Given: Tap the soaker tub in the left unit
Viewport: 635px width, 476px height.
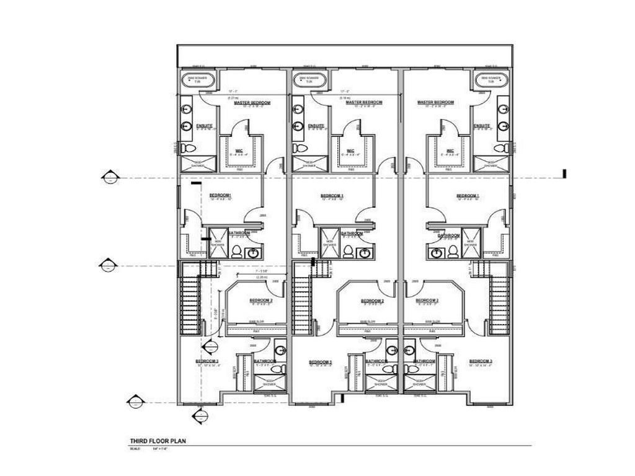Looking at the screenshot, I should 198,80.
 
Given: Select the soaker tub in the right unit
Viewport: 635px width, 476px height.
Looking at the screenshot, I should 491,80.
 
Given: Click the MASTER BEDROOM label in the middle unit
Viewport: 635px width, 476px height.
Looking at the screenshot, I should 363,102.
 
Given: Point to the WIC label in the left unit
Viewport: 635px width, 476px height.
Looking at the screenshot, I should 239,151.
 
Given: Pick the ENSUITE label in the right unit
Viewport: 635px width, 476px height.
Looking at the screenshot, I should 482,126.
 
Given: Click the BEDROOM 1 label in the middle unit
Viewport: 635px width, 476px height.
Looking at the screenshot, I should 332,196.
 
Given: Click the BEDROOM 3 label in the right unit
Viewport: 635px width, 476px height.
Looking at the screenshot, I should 481,361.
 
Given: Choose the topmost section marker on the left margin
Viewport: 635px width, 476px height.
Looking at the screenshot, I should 110,178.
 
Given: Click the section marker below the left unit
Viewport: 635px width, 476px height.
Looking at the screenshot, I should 200,415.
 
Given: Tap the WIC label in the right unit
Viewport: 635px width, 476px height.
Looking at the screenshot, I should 449,151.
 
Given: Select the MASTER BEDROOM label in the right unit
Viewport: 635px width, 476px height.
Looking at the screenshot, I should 435,102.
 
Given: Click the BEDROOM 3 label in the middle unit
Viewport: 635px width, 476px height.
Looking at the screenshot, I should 321,362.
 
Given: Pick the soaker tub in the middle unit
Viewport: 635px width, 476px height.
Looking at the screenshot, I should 311,80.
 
